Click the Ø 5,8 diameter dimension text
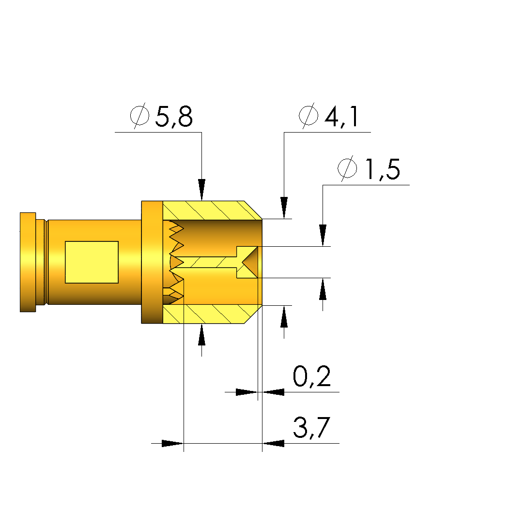coord(161,116)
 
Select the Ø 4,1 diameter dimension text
coord(329,116)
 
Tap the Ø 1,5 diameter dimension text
coord(369,168)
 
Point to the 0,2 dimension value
coord(312,376)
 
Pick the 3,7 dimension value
coord(312,428)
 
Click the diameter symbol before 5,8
coord(139,116)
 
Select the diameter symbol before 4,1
coord(308,116)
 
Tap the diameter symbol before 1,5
coord(347,168)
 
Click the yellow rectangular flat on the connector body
coord(92,262)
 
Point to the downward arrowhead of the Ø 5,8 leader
coord(201,190)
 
